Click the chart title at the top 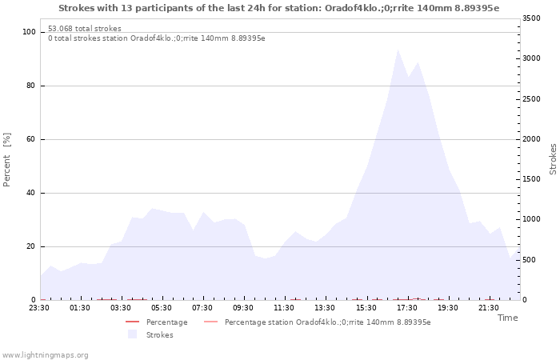pos(279,8)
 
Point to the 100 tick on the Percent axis pos(29,32)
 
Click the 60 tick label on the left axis pos(30,139)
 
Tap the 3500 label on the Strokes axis pos(531,18)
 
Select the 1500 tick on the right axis pos(531,179)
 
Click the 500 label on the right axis pos(529,260)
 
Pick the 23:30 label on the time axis pos(39,307)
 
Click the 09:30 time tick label pos(243,307)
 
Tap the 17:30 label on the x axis pos(406,307)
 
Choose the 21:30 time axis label pos(488,307)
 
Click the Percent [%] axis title pos(6,160)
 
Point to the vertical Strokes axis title pos(553,159)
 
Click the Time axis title pos(507,318)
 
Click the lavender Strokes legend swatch pos(132,334)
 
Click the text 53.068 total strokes pos(85,29)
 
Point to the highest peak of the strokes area pos(398,50)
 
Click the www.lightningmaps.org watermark pos(45,355)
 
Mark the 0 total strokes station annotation pos(157,38)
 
